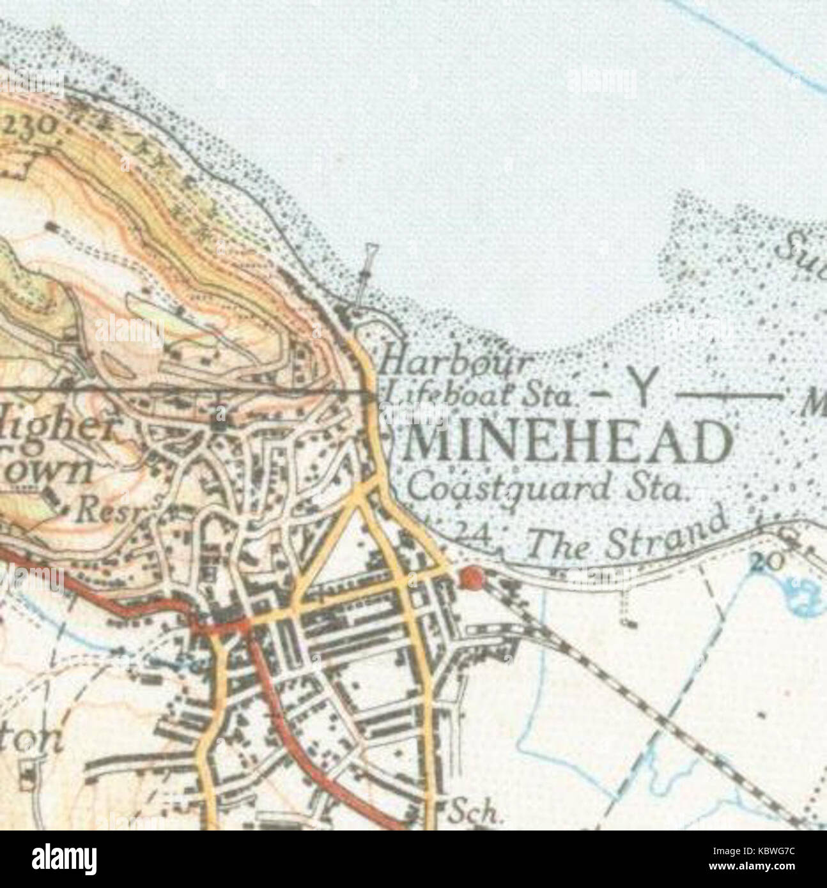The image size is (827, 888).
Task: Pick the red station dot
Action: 472,578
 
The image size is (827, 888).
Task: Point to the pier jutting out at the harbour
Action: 366,276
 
